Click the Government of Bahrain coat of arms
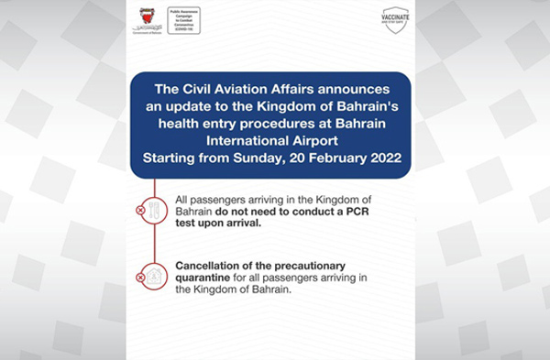point(205,16)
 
